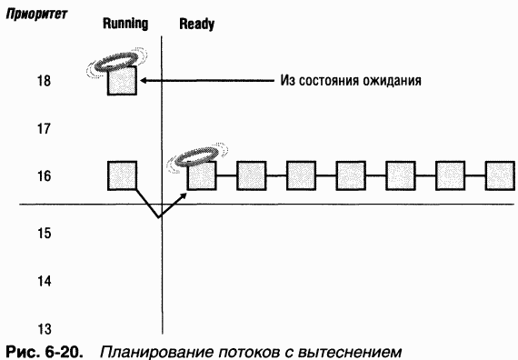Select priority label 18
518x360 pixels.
click(x=41, y=81)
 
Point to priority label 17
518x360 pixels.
click(x=41, y=128)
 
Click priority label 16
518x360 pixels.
click(x=41, y=175)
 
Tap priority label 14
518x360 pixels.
click(x=41, y=281)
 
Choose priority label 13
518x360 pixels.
click(x=41, y=328)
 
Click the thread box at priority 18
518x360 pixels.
click(x=122, y=81)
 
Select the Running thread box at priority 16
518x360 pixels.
click(x=122, y=175)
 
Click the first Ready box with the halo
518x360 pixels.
click(x=201, y=175)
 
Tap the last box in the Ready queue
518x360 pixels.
click(x=500, y=175)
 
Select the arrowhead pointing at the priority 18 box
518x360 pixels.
click(x=142, y=81)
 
